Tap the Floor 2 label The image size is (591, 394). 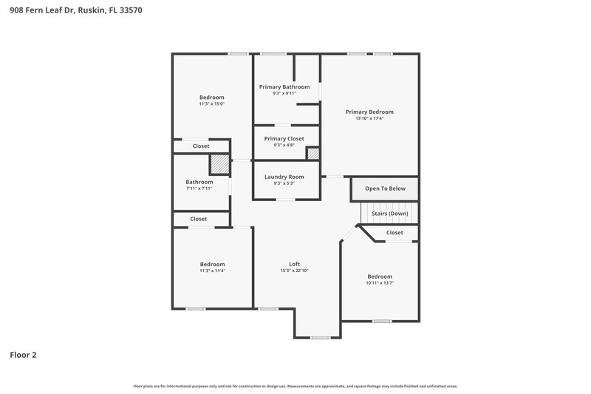pos(23,355)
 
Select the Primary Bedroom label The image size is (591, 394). pos(369,112)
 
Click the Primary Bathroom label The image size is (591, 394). pos(284,86)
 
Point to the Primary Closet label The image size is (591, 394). pos(284,138)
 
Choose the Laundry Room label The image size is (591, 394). pos(284,177)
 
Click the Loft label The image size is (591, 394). pos(294,264)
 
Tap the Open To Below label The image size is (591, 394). pos(385,188)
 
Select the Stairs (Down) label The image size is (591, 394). pos(389,214)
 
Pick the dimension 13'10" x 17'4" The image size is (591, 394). pos(369,118)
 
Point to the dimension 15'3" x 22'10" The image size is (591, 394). pos(294,271)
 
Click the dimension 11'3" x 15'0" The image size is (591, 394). pos(211,104)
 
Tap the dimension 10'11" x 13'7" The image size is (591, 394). pos(380,283)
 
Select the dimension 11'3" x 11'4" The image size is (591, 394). pos(212,271)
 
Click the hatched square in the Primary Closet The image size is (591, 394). pos(313,154)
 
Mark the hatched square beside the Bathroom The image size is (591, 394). pos(219,163)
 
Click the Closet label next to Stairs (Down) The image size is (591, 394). pos(394,233)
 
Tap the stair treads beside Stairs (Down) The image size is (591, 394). pos(366,214)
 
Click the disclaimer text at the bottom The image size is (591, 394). pos(295,386)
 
